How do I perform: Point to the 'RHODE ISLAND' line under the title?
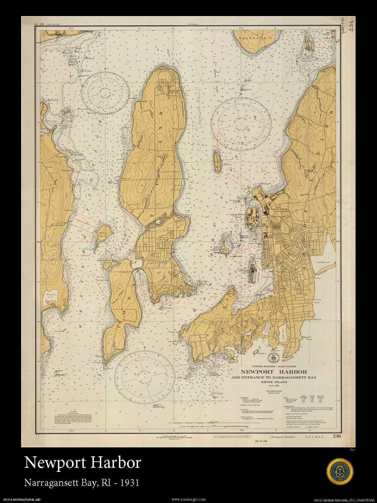click(274, 382)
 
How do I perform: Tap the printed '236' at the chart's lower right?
click(337, 436)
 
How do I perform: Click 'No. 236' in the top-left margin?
click(39, 24)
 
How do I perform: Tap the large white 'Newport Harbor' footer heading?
click(82, 462)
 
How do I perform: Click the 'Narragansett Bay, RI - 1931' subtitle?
click(82, 482)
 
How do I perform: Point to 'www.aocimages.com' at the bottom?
click(188, 499)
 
